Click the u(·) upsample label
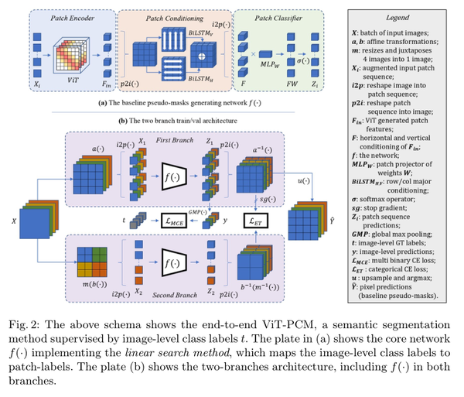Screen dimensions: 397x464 coord(302,182)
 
